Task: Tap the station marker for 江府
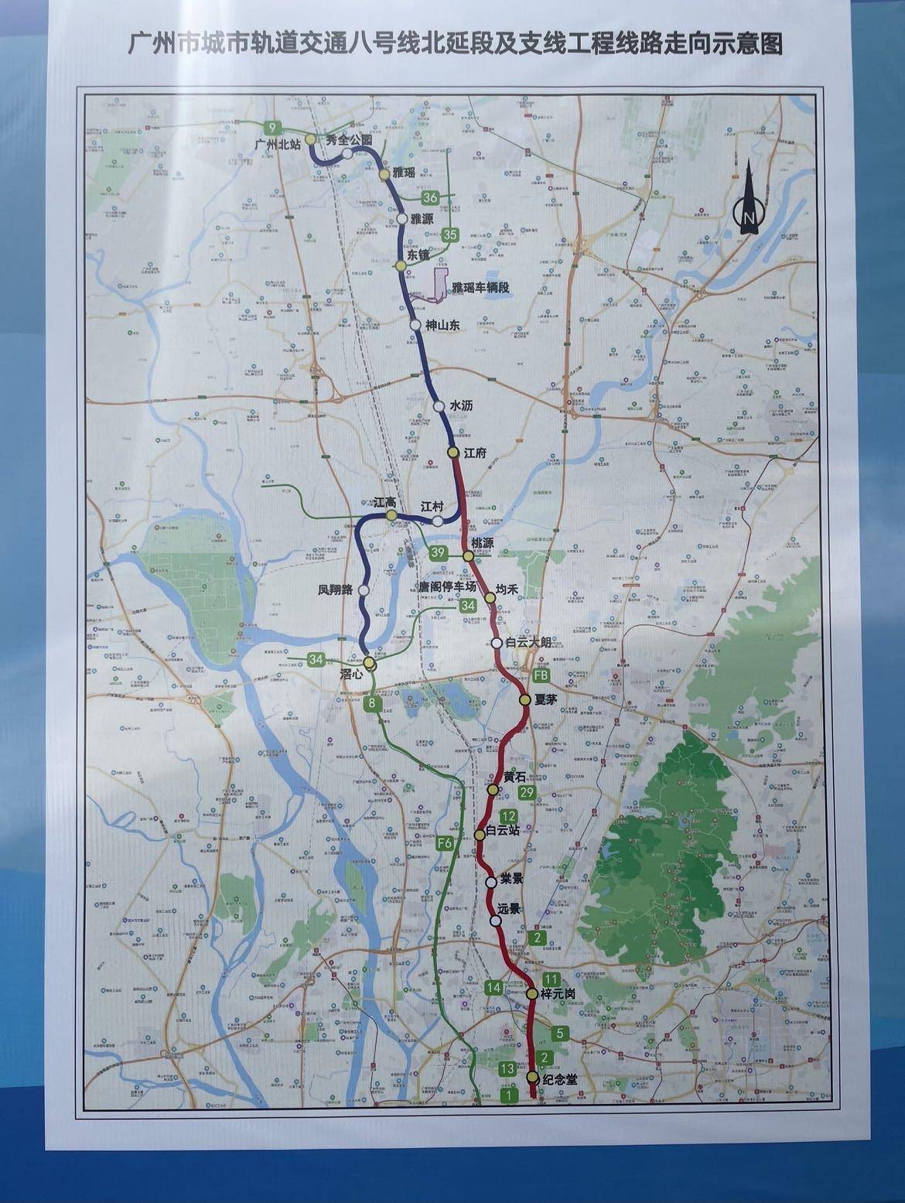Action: pyautogui.click(x=453, y=452)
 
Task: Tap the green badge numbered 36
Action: pyautogui.click(x=431, y=199)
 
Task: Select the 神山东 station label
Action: pyautogui.click(x=442, y=326)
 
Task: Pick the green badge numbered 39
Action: pyautogui.click(x=438, y=552)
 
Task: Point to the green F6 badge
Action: pyautogui.click(x=445, y=843)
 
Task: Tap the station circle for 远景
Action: pyautogui.click(x=495, y=920)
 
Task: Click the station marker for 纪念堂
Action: pyautogui.click(x=532, y=1078)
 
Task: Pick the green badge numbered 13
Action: pyautogui.click(x=507, y=1069)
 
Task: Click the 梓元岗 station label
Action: pyautogui.click(x=558, y=993)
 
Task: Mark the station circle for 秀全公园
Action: pyautogui.click(x=348, y=153)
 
